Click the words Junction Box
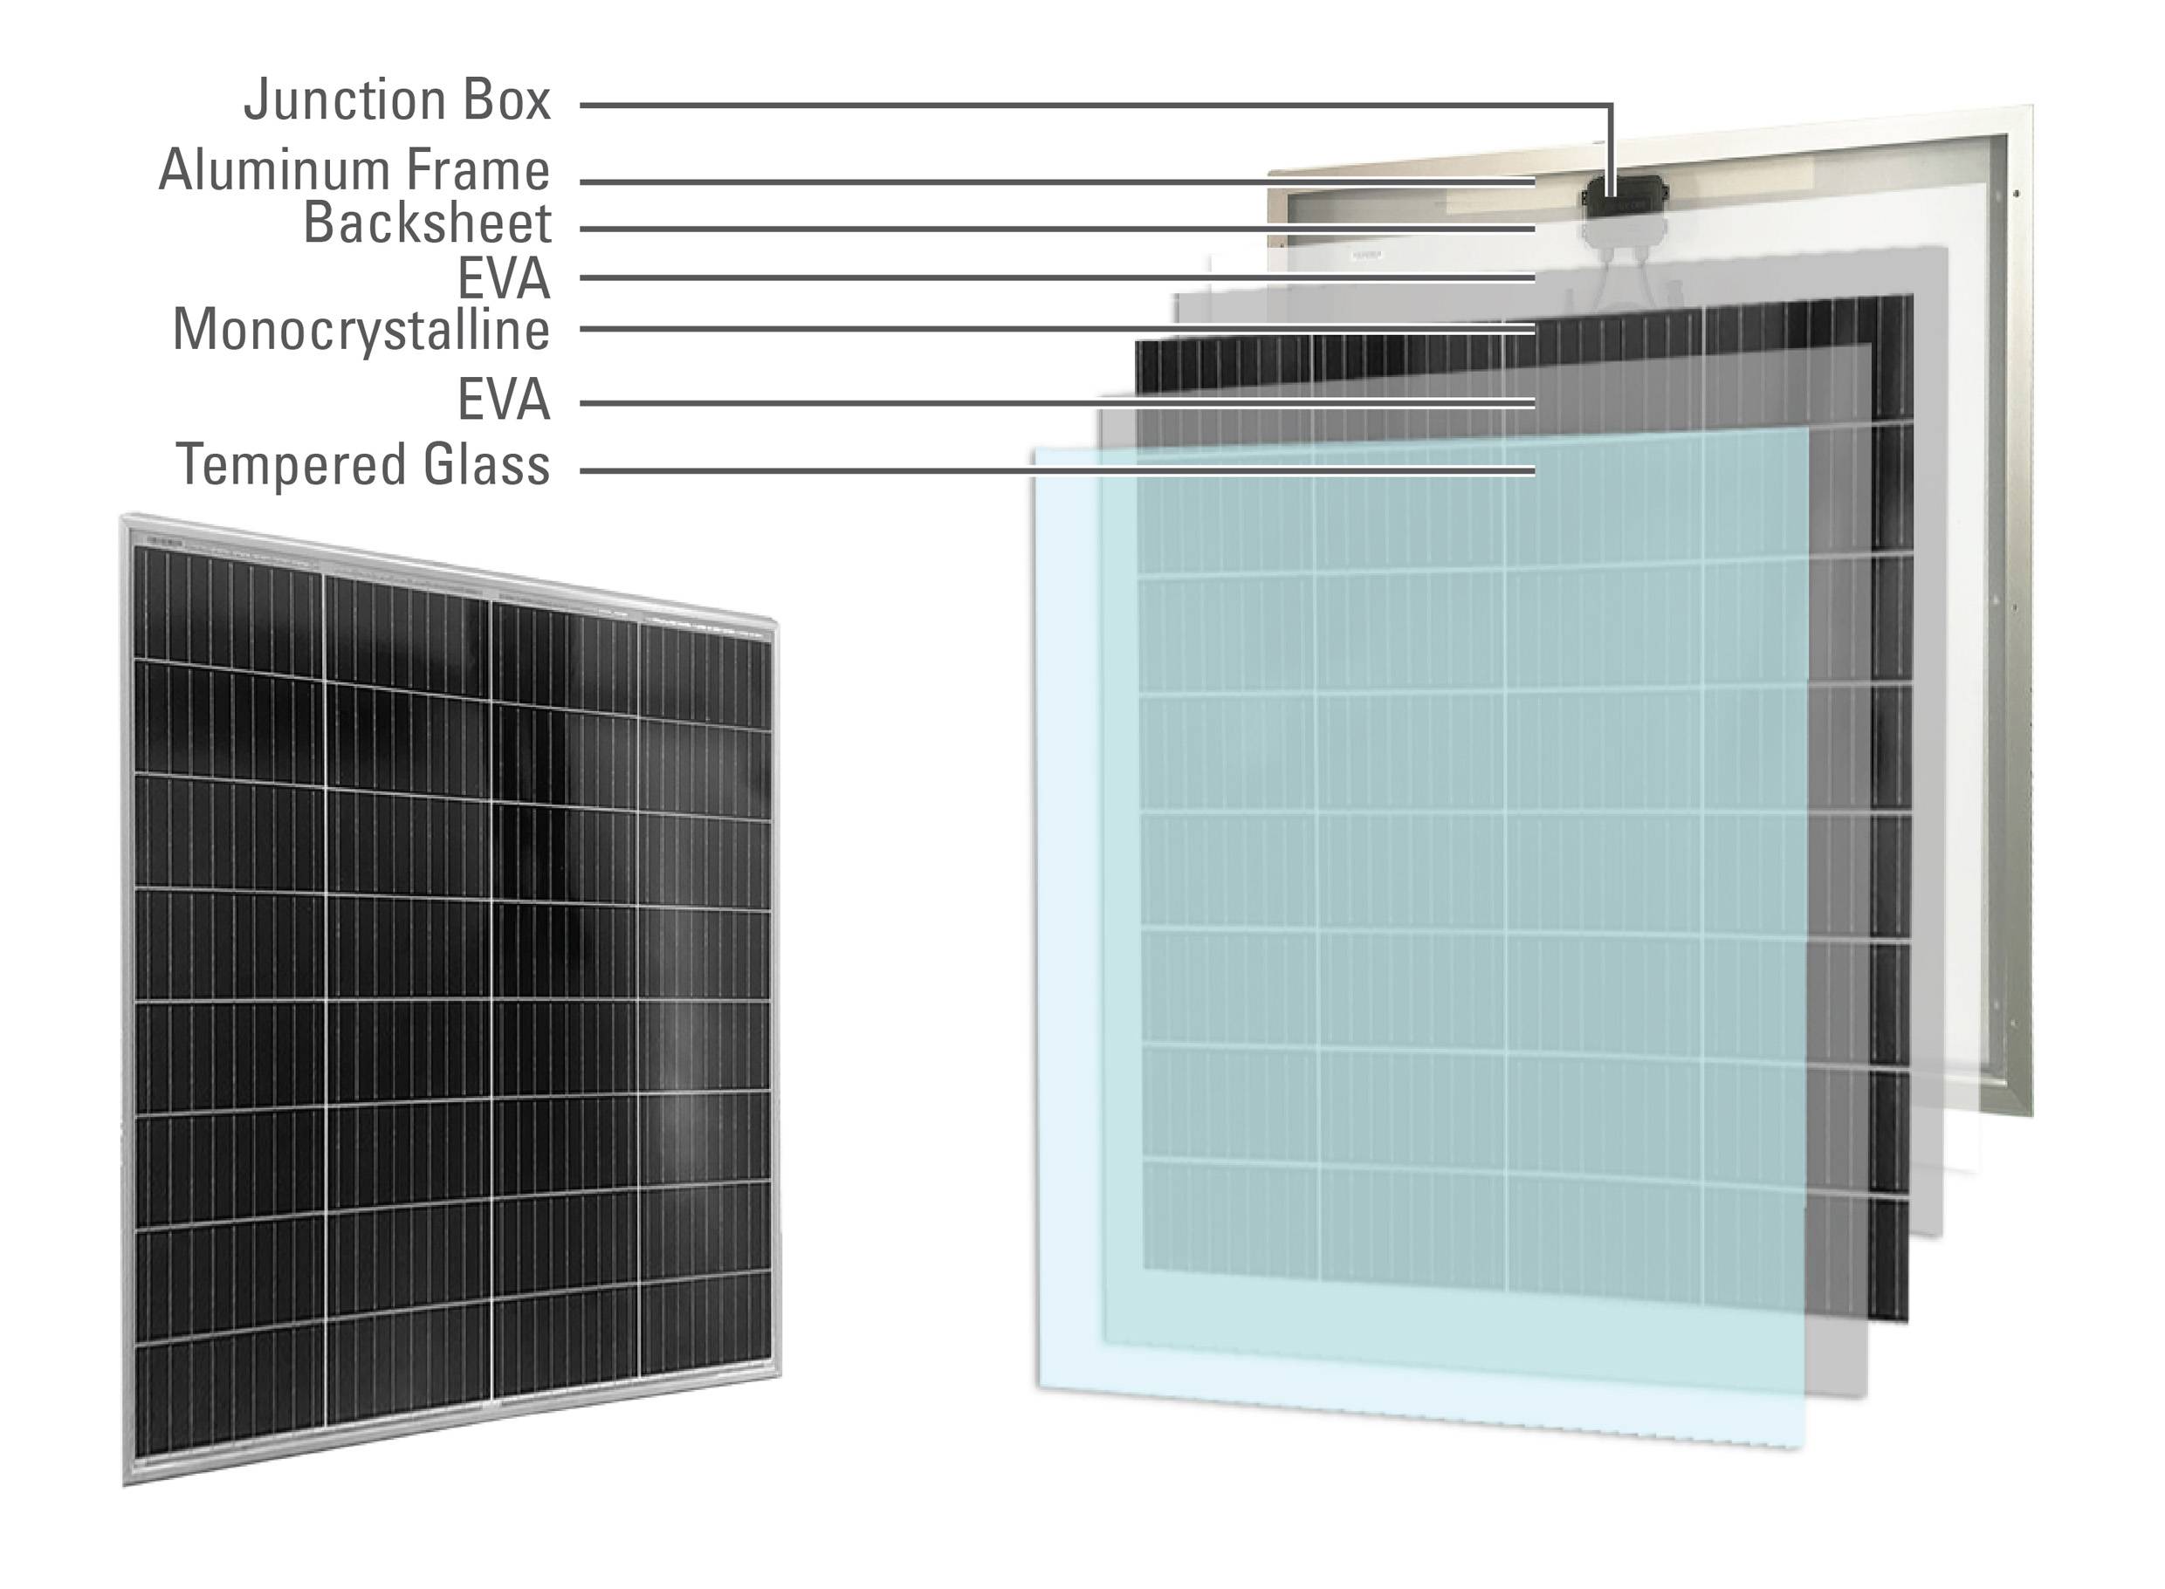(396, 100)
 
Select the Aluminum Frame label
(354, 170)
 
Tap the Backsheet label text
(427, 223)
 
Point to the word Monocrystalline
(361, 330)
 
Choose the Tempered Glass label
(363, 464)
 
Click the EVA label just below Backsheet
(503, 279)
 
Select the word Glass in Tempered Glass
(486, 464)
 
